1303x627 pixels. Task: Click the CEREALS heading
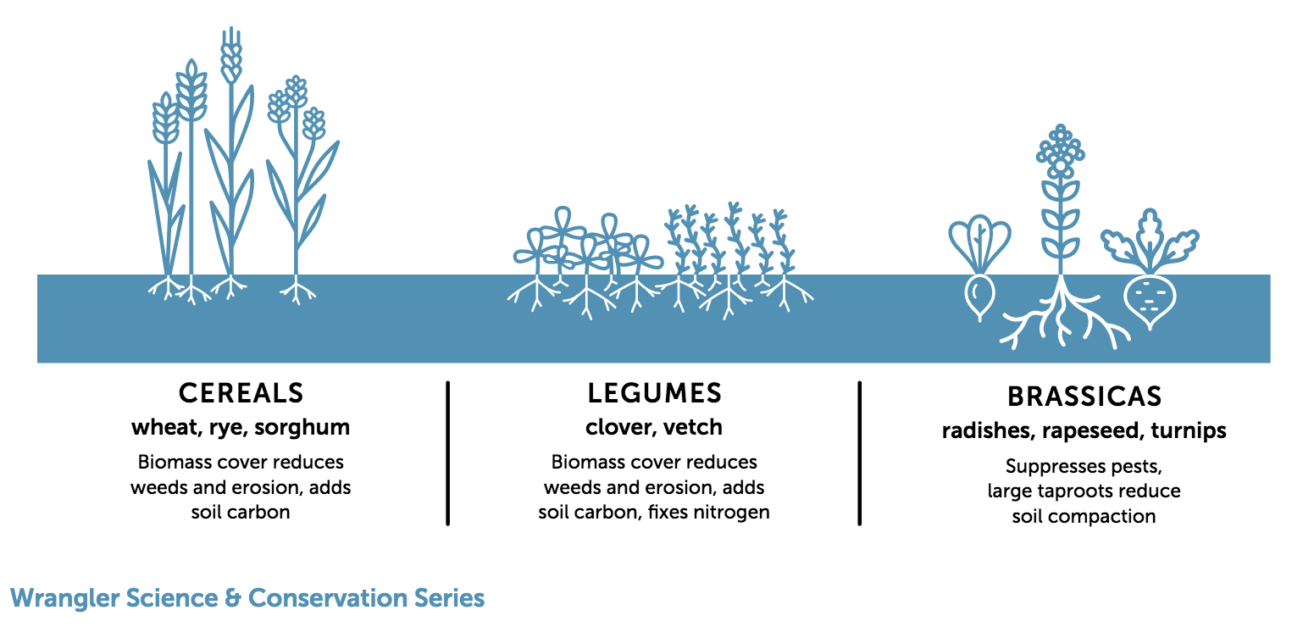tap(241, 393)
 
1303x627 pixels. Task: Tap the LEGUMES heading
tap(654, 393)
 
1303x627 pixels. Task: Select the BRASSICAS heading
tap(1085, 397)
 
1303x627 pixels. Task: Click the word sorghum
tap(302, 428)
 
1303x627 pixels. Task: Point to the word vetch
tap(693, 428)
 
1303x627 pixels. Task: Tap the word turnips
tap(1189, 431)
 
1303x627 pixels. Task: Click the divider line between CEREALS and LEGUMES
tap(448, 453)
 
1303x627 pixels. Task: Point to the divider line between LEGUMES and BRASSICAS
tap(860, 453)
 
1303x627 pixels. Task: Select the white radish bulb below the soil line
tap(979, 297)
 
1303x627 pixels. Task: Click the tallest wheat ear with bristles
tap(231, 56)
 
